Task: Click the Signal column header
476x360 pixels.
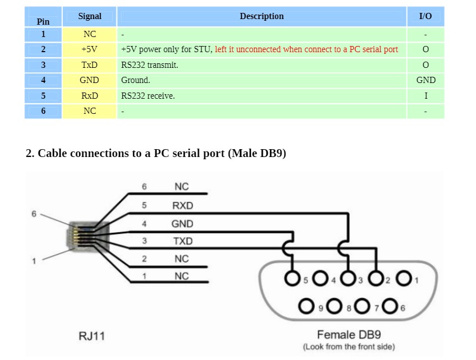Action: [x=89, y=16]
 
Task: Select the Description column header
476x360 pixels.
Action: [x=262, y=16]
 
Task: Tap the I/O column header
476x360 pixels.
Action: [x=425, y=16]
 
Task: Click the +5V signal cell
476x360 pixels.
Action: [x=89, y=49]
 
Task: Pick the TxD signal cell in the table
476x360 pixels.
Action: [x=89, y=65]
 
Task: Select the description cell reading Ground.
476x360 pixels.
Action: [x=136, y=80]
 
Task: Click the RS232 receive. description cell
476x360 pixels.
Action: [x=148, y=96]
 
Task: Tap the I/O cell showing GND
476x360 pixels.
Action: [x=425, y=80]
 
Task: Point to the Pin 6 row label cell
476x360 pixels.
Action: [x=43, y=111]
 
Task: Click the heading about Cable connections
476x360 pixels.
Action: [x=156, y=153]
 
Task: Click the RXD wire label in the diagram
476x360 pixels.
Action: [x=182, y=206]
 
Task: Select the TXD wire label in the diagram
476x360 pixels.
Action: [x=182, y=241]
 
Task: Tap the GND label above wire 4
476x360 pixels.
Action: [x=182, y=224]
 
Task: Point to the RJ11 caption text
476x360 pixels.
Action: [x=92, y=336]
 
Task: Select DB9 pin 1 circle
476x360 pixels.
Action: [x=404, y=278]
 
